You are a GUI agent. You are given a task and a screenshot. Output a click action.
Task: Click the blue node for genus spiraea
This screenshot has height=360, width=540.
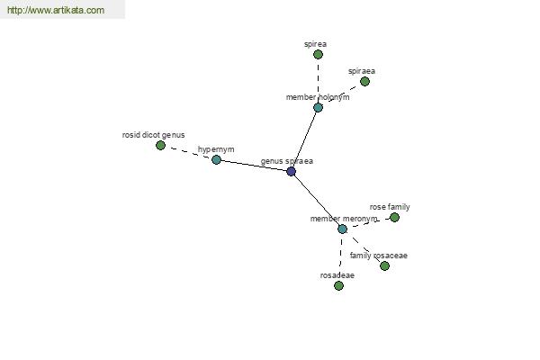[x=291, y=171]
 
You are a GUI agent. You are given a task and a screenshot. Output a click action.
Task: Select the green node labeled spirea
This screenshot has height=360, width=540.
[x=318, y=54]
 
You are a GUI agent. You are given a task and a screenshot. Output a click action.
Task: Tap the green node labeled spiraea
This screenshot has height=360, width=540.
[x=364, y=81]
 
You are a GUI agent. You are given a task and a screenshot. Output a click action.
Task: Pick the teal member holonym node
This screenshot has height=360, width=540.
[x=318, y=107]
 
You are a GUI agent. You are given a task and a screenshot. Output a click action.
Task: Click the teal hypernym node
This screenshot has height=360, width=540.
[x=216, y=159]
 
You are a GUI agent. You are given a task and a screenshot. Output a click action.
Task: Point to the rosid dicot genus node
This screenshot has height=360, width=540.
[x=160, y=146]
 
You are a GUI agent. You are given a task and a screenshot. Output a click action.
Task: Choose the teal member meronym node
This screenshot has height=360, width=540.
[x=342, y=229]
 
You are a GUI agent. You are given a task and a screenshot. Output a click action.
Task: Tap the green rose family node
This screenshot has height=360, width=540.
[x=394, y=218]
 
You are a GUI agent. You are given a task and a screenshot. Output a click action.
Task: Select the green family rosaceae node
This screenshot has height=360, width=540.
[x=384, y=266]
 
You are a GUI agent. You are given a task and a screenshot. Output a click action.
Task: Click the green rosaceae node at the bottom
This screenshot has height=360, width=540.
[x=338, y=285]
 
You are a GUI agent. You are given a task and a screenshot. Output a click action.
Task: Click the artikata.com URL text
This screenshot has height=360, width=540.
[x=56, y=10]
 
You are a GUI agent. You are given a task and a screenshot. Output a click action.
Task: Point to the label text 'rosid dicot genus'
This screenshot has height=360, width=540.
[x=153, y=135]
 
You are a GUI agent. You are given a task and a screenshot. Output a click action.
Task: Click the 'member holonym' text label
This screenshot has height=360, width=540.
[x=318, y=97]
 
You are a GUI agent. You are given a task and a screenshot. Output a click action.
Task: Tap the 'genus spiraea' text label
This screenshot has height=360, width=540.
[x=287, y=161]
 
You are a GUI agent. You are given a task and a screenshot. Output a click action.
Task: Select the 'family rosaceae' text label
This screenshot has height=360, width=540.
[x=379, y=256]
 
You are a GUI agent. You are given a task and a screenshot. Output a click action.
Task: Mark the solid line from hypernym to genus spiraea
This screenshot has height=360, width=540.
[x=254, y=166]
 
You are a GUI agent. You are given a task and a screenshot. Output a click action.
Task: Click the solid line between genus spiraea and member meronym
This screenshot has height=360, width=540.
[x=317, y=200]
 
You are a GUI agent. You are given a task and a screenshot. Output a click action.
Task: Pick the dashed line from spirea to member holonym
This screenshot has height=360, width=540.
[x=318, y=81]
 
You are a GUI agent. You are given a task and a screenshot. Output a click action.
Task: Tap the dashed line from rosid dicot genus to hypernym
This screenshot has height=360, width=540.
[x=188, y=153]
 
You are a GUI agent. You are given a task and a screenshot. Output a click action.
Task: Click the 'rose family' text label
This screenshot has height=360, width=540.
[x=390, y=207]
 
